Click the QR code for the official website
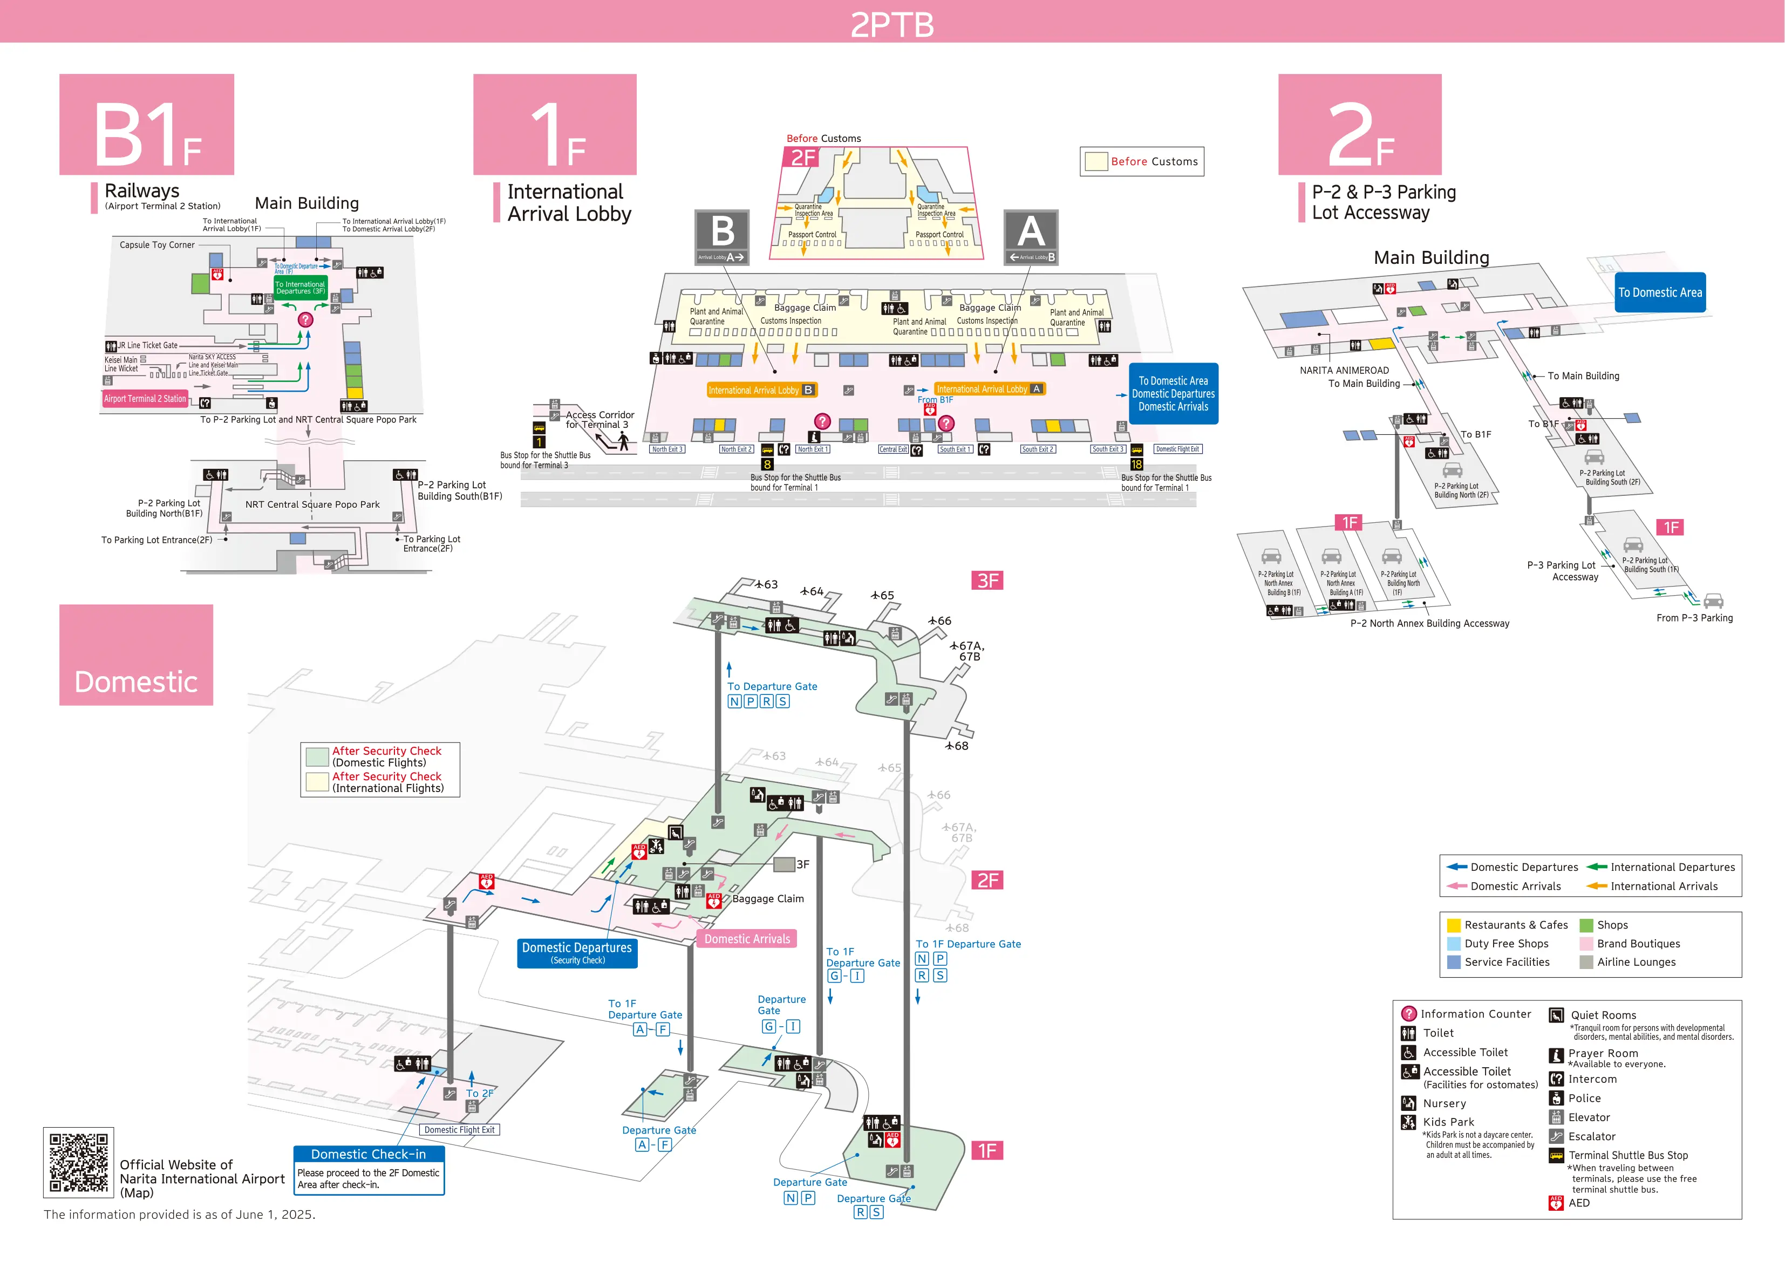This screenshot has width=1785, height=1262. coord(79,1162)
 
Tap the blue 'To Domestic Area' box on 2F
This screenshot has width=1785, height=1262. coord(1659,292)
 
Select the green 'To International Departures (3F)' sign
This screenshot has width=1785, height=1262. coord(300,288)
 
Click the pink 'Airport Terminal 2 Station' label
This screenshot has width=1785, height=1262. coord(145,399)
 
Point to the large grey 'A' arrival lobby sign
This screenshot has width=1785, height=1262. coord(1030,236)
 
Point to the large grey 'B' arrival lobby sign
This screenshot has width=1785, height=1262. coord(721,236)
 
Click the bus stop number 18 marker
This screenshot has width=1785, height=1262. coord(1136,464)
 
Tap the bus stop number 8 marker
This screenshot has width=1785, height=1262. coord(767,464)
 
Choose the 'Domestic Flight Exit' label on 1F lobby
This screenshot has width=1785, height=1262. coord(1177,449)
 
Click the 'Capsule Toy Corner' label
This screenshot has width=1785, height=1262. coord(157,245)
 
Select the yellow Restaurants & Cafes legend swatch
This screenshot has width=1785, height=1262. coord(1453,925)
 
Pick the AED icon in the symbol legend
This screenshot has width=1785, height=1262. coord(1556,1203)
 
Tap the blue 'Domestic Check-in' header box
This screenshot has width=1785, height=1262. coord(369,1154)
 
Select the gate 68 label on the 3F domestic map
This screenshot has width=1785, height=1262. coord(957,746)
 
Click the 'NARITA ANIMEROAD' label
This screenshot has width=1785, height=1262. coord(1344,371)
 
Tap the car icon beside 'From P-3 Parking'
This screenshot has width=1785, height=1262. coord(1713,601)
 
